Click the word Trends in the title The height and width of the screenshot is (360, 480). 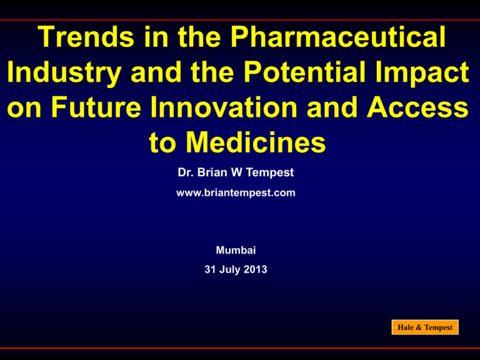[x=86, y=37]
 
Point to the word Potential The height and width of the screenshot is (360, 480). [x=305, y=72]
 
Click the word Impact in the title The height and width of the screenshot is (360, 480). [x=422, y=72]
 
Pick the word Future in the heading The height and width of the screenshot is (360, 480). [x=96, y=107]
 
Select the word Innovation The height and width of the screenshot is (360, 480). [x=224, y=107]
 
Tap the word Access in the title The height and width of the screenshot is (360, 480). [x=417, y=107]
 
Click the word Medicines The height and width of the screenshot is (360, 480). [x=256, y=142]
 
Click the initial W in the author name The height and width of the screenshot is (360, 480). [x=236, y=172]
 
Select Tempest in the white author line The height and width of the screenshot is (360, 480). [x=270, y=173]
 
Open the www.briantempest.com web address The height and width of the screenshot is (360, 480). [x=236, y=193]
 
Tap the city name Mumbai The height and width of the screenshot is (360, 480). [x=236, y=250]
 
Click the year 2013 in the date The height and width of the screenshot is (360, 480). [x=256, y=269]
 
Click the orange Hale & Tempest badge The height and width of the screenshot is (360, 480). [x=425, y=327]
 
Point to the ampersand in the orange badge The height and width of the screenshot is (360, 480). [x=419, y=327]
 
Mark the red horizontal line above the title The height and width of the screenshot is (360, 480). [x=240, y=20]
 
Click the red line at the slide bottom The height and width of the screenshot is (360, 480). [x=240, y=348]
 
